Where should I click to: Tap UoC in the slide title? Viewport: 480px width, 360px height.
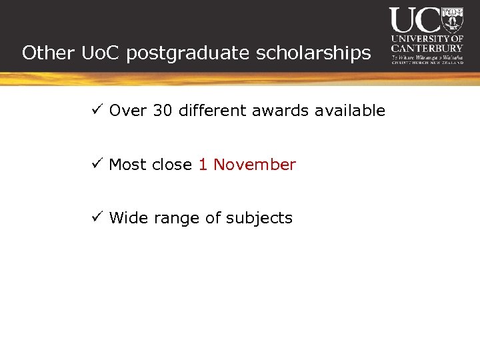[x=101, y=53]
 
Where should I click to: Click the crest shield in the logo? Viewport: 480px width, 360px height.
[x=453, y=19]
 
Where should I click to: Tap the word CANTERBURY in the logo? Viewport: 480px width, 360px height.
[x=427, y=48]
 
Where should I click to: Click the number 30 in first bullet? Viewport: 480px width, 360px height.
[x=162, y=111]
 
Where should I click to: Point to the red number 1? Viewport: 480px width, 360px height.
[x=203, y=165]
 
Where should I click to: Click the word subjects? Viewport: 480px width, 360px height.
[x=261, y=219]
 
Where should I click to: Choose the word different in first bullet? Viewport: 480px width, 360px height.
[x=213, y=111]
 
